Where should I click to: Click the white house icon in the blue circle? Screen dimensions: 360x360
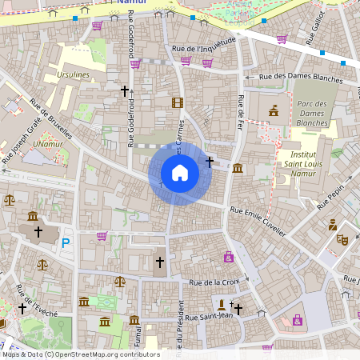click(x=180, y=172)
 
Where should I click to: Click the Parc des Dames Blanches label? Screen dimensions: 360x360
click(x=312, y=114)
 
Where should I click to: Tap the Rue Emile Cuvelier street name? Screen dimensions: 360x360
click(x=258, y=219)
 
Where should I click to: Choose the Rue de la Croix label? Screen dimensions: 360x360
click(x=214, y=282)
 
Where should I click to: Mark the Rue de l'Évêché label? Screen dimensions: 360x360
click(x=37, y=301)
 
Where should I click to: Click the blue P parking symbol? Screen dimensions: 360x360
click(x=66, y=242)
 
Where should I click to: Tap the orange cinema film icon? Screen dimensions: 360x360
click(x=177, y=102)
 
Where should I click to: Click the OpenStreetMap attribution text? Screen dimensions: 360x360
click(x=80, y=354)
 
